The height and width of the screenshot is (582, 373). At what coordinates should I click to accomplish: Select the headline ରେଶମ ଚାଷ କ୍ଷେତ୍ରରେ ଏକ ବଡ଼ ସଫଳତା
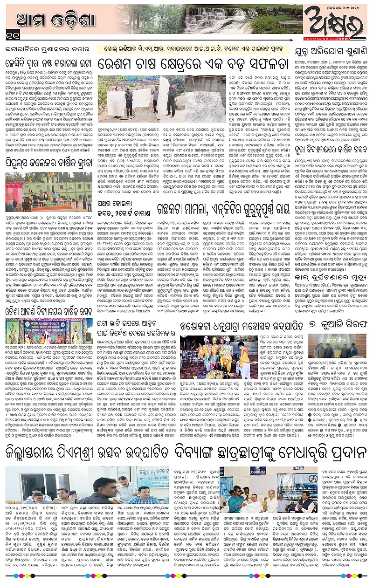point(195,63)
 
